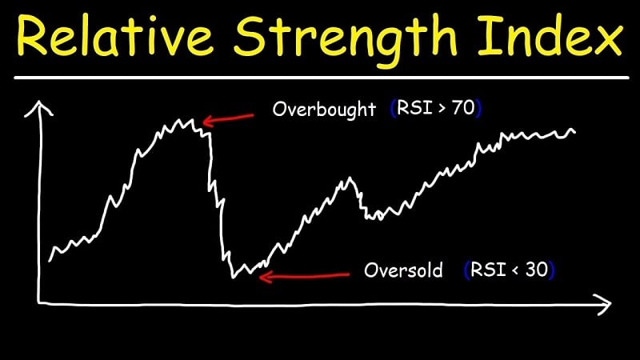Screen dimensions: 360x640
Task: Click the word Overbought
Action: coord(323,110)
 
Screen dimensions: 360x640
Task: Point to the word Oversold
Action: coord(402,270)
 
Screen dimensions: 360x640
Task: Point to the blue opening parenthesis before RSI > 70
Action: coord(393,109)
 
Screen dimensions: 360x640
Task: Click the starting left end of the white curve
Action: coord(50,260)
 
